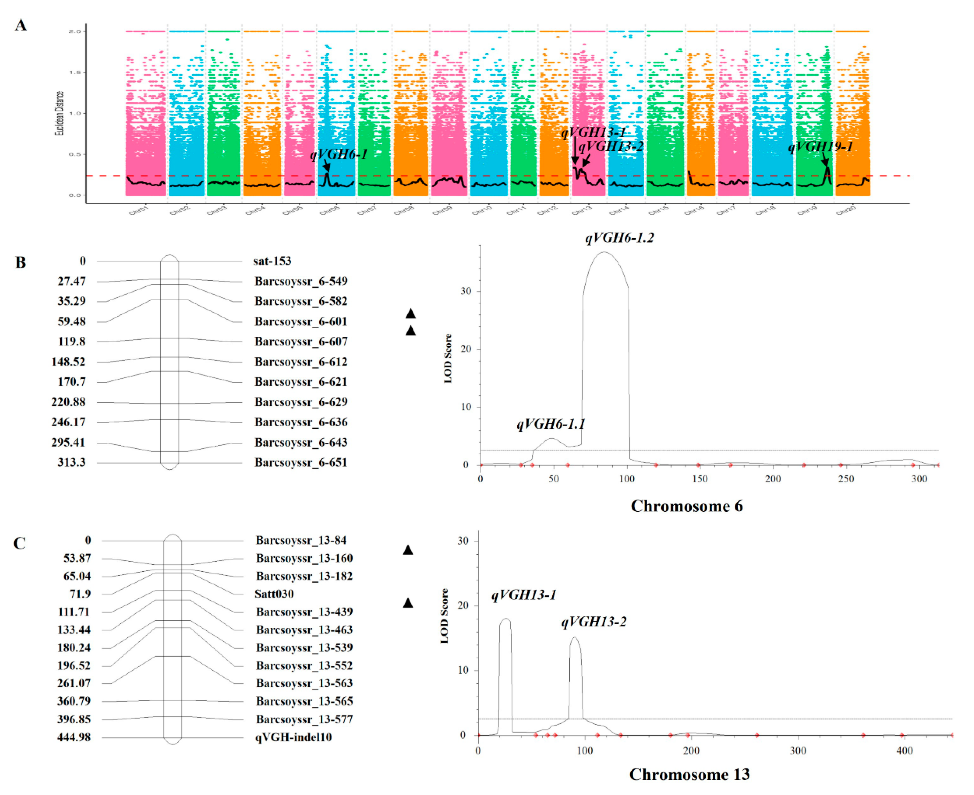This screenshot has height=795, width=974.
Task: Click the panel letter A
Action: coord(21,25)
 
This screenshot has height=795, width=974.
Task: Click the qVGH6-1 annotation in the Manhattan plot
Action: coord(339,154)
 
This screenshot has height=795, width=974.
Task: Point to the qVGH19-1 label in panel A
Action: coord(821,147)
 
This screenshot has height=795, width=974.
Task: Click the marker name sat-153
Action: coord(272,261)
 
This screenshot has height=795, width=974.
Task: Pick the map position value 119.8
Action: coord(72,341)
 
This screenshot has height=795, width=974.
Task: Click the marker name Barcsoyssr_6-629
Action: coord(301,402)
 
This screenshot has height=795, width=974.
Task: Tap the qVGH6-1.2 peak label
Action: coord(619,238)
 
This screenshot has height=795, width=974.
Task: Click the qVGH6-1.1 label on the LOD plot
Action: coord(551,424)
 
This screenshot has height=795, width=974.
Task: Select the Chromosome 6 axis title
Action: coord(686,506)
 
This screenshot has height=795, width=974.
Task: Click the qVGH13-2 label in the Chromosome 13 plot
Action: coord(594,622)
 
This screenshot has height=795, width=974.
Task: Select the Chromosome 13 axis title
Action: coord(689,774)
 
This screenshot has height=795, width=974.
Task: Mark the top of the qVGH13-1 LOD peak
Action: coord(506,619)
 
